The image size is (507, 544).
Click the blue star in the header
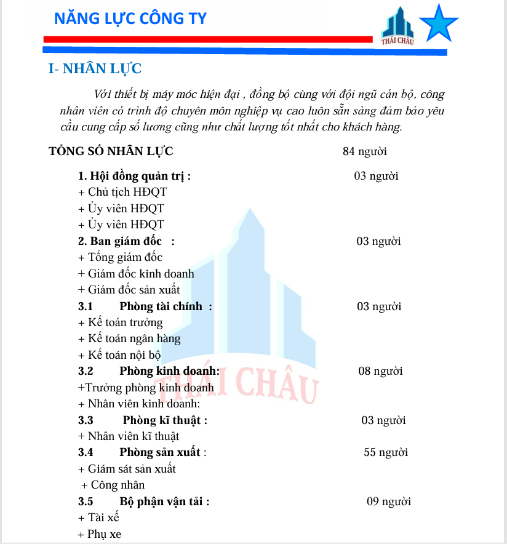(438, 23)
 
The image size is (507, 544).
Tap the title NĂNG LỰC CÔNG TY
(130, 18)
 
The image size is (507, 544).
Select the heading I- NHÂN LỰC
(95, 68)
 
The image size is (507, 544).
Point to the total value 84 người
(364, 151)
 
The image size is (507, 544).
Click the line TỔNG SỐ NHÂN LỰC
(111, 151)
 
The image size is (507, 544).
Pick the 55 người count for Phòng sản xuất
(386, 452)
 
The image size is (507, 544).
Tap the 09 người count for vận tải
(389, 501)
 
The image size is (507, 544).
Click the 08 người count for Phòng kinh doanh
(380, 371)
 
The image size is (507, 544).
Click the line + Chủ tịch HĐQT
(122, 192)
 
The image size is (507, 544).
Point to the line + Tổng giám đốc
(121, 257)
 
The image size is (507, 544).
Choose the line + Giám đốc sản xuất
(129, 290)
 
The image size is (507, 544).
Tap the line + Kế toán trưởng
(121, 322)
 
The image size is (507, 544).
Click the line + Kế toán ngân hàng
(129, 338)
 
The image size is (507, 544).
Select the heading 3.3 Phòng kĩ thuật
(143, 420)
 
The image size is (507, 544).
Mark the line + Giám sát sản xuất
(127, 469)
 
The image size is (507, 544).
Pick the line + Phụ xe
(100, 534)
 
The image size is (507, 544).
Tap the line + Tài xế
(99, 518)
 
